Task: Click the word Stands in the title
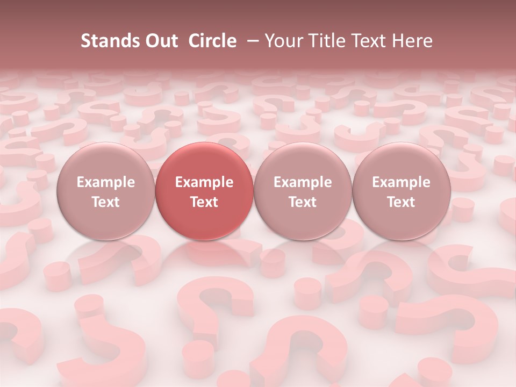(107, 41)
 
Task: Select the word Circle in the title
(212, 41)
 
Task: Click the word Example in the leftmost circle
(106, 182)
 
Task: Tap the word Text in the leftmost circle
(106, 202)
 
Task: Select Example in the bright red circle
(204, 182)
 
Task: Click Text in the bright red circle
(204, 202)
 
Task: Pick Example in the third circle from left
(303, 182)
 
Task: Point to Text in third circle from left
(303, 202)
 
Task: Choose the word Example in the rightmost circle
(401, 182)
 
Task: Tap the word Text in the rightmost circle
(401, 202)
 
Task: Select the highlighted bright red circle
(204, 161)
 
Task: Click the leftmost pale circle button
(106, 161)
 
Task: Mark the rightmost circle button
(401, 161)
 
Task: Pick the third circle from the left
(303, 161)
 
